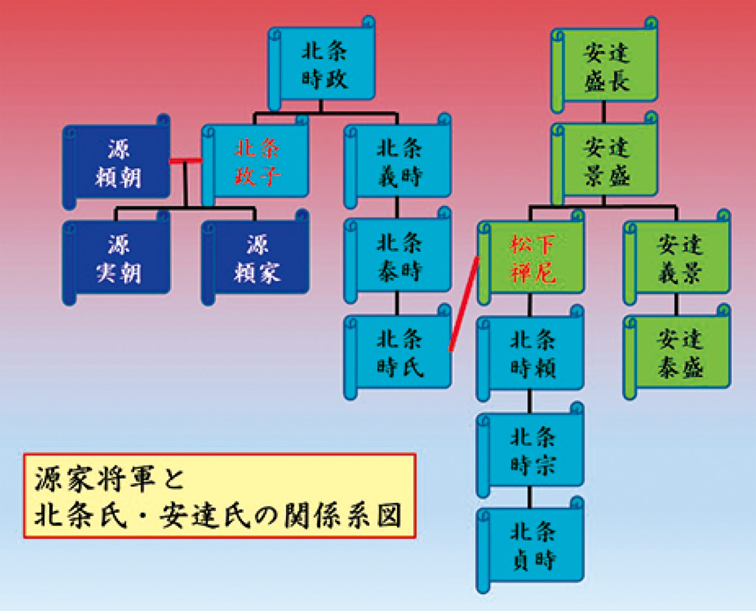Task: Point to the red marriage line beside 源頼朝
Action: [x=186, y=161]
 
